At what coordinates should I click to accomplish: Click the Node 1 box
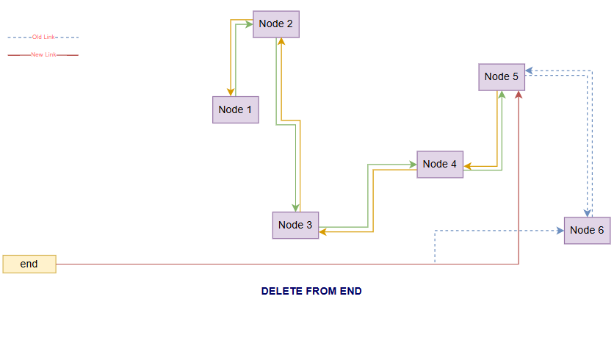point(235,109)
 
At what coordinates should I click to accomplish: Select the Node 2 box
point(275,24)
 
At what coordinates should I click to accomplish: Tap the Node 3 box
point(295,225)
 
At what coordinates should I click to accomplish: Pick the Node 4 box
point(440,164)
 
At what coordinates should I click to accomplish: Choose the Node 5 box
point(502,76)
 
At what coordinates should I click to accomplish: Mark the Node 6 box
point(587,230)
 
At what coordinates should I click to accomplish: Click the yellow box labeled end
point(29,264)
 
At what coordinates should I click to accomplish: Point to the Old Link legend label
point(43,37)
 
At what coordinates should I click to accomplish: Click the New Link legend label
point(43,54)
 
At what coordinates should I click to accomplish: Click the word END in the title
point(350,291)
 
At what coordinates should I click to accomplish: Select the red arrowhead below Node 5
point(519,95)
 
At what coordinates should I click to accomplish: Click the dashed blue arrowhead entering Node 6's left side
point(560,230)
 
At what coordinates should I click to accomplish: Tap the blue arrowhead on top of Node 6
point(588,213)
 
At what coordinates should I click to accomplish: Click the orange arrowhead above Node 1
point(231,92)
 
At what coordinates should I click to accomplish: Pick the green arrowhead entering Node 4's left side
point(413,164)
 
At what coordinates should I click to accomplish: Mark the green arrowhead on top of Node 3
point(295,207)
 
